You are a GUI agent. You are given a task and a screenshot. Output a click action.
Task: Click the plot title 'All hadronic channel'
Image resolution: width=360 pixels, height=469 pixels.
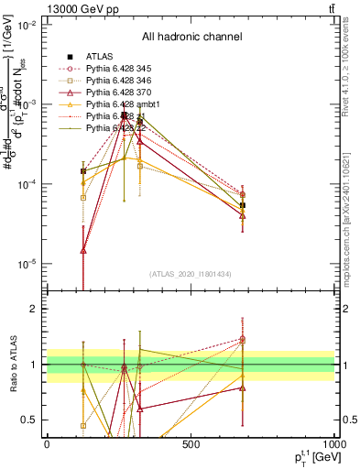coord(191,37)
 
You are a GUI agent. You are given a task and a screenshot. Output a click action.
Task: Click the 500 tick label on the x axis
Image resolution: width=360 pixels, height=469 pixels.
coord(191,444)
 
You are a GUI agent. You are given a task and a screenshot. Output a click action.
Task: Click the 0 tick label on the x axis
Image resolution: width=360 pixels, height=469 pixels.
coord(47,444)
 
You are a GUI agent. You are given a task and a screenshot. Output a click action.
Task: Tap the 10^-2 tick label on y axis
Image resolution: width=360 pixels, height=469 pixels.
coord(26,26)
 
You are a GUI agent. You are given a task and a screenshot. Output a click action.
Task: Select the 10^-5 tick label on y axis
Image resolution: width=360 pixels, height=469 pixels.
coord(26,264)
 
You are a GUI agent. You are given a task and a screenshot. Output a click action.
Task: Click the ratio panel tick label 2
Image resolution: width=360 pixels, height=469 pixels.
coord(34,310)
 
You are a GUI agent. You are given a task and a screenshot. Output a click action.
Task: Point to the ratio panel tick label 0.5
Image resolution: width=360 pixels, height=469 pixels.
coord(29,420)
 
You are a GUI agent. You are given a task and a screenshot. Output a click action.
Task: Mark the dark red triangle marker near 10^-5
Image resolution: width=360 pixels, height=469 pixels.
coord(83,250)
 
